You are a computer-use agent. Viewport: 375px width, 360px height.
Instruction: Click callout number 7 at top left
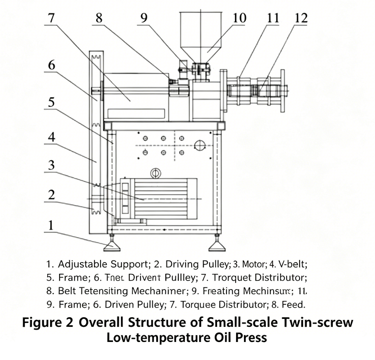click(51, 17)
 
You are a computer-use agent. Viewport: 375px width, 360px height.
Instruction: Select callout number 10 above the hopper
click(239, 17)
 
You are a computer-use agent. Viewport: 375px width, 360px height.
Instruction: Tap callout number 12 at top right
click(301, 17)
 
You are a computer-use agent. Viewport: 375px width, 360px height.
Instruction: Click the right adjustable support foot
click(217, 246)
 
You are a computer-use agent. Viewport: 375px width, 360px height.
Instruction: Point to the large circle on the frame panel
click(200, 146)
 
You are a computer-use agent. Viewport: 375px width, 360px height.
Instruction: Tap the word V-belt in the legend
click(297, 263)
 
